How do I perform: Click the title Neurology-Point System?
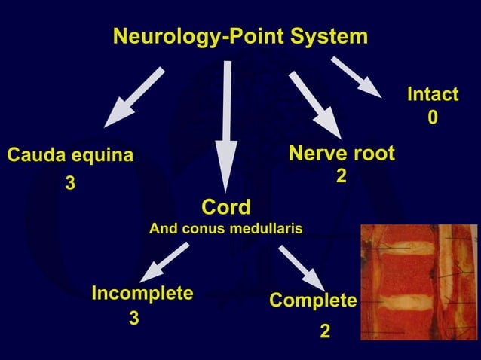[x=240, y=36]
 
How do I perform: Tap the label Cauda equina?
[x=70, y=156]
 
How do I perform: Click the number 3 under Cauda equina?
[x=69, y=183]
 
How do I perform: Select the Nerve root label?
[x=342, y=154]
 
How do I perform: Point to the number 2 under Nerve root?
[x=341, y=175]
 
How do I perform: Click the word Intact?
[x=432, y=95]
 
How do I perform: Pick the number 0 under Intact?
[x=432, y=118]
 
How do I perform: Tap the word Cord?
[x=226, y=206]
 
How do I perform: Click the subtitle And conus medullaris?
[x=226, y=227]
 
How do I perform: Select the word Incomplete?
[x=142, y=293]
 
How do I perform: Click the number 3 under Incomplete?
[x=134, y=319]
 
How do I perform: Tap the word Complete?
[x=313, y=301]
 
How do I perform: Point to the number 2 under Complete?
[x=324, y=331]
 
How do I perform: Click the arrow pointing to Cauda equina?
[x=134, y=97]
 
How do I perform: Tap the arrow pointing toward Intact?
[x=356, y=77]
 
